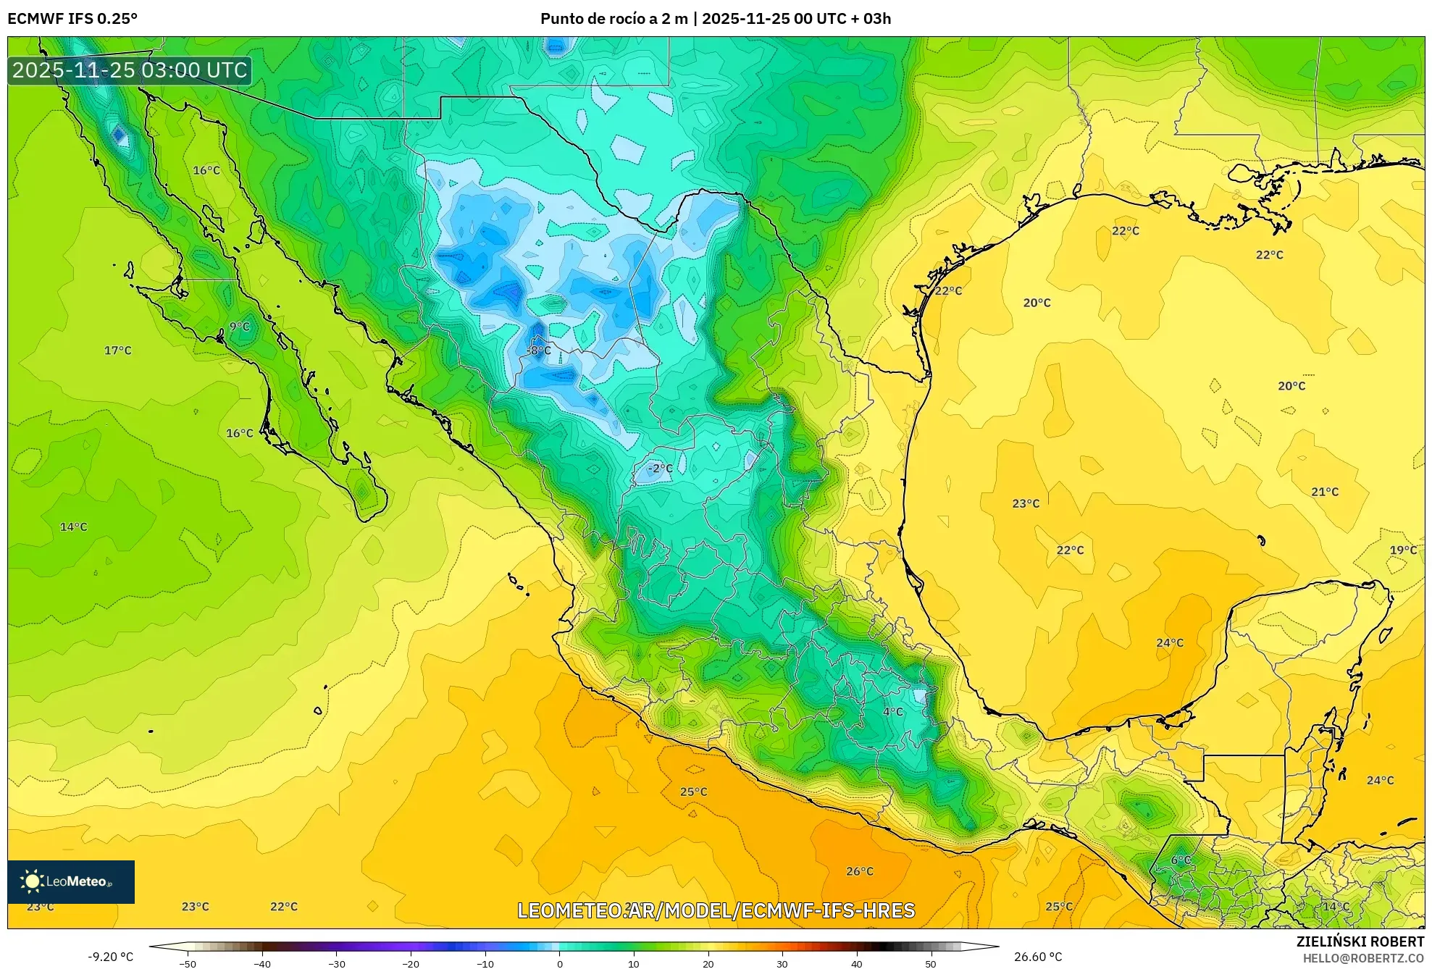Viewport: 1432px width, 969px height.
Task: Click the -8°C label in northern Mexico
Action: [x=538, y=351]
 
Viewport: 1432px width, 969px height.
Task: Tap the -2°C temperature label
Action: [x=660, y=469]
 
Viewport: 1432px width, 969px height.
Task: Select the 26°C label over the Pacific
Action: [x=860, y=871]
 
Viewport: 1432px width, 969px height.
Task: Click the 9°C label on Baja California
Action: [x=240, y=327]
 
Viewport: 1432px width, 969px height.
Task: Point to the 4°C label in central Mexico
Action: [x=893, y=712]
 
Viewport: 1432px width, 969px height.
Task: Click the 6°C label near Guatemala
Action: [x=1181, y=860]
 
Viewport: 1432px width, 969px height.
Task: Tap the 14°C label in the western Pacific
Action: [x=73, y=527]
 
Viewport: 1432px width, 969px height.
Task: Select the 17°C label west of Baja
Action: [x=118, y=351]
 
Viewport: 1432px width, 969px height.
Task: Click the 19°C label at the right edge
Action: [x=1403, y=550]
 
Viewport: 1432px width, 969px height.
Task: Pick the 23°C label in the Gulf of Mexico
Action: [x=1026, y=503]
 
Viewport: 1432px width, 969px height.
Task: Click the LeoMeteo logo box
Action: [x=71, y=881]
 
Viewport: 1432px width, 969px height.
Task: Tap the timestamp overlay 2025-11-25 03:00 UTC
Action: [x=130, y=70]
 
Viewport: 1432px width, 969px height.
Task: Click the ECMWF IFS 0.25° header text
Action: [x=72, y=19]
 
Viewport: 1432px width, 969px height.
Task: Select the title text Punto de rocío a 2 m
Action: [x=614, y=19]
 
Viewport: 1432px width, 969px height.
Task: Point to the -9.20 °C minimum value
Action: [x=111, y=957]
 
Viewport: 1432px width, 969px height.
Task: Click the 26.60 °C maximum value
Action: [x=1038, y=957]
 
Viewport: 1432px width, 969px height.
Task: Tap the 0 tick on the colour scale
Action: [x=559, y=963]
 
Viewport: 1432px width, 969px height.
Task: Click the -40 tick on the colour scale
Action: [x=262, y=963]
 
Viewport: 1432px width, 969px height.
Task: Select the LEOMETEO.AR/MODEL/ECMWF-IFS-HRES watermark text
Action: [x=716, y=910]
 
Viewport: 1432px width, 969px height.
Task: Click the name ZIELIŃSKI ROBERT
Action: [x=1360, y=941]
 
